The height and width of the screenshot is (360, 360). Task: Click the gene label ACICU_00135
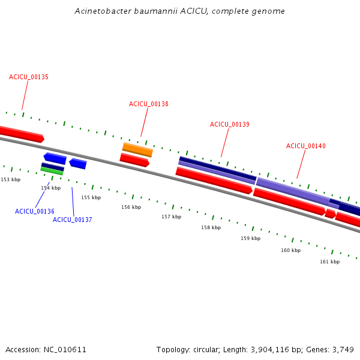[x=29, y=77]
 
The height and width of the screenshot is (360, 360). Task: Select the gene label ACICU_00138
[x=149, y=104]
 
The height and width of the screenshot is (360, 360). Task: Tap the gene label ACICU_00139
[x=230, y=125]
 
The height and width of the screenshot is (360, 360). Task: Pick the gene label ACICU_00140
[x=306, y=146]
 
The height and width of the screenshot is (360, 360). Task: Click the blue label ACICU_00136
[x=35, y=212]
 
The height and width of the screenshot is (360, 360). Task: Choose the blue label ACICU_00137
[x=73, y=220]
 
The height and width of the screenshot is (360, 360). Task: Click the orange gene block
[x=137, y=149]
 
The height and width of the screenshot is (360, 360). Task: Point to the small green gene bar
[x=52, y=171]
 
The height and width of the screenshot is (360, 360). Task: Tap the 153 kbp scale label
[x=10, y=179]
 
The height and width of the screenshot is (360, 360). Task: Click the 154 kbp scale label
[x=50, y=188]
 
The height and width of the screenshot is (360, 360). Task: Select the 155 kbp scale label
[x=91, y=197]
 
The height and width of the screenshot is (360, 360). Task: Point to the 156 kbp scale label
[x=131, y=208]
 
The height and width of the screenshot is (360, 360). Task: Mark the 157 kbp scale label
[x=171, y=217]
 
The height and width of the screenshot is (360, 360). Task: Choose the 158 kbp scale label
[x=211, y=228]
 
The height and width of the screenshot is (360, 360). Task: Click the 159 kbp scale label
[x=251, y=239]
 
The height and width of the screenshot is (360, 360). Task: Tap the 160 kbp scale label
[x=290, y=250]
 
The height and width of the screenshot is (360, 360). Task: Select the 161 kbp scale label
[x=329, y=262]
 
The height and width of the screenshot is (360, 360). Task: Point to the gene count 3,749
[x=343, y=350]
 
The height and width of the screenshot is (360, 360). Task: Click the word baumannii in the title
[x=146, y=11]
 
